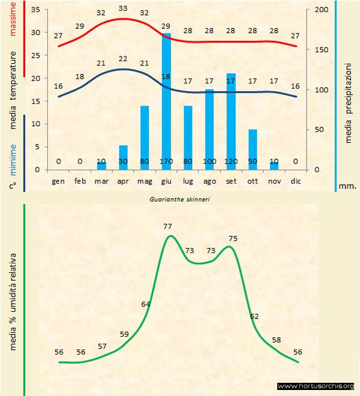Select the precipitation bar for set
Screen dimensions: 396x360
coord(231,120)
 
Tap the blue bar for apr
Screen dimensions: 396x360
coord(123,157)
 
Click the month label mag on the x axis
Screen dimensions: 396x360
coord(145,180)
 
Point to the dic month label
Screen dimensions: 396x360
coord(296,180)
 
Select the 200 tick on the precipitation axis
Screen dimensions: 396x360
coord(322,10)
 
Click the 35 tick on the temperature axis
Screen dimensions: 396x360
coord(35,10)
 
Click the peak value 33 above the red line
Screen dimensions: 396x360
coord(123,8)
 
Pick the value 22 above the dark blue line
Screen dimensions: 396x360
coord(123,59)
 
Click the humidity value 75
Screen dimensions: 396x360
coord(233,238)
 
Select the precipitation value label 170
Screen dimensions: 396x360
coord(166,161)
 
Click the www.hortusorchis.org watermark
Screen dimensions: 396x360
coord(316,386)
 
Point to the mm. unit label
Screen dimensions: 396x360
coord(347,186)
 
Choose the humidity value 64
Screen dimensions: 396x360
coord(146,304)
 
